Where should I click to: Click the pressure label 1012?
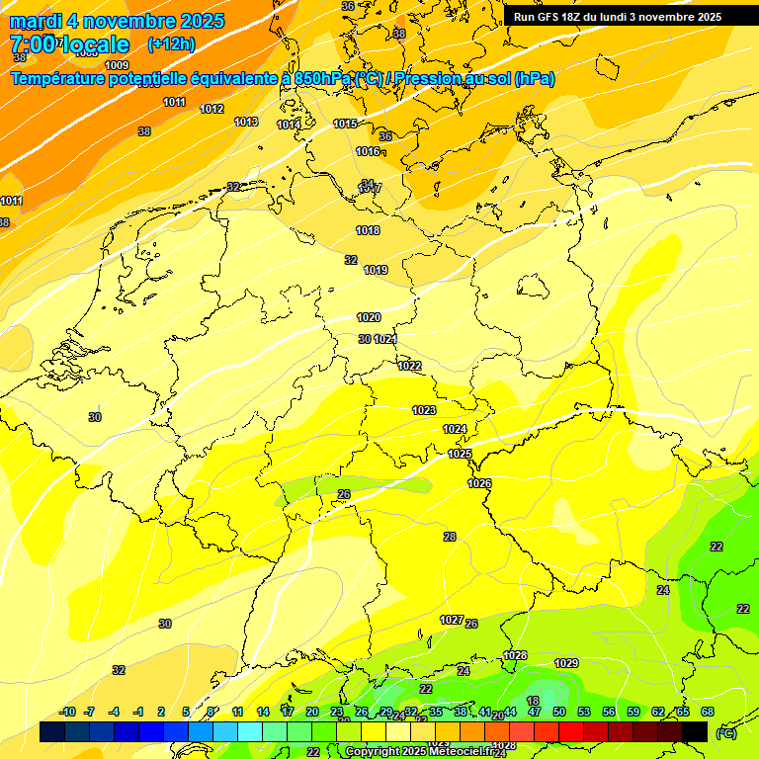[x=211, y=109]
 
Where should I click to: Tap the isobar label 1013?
[x=246, y=122]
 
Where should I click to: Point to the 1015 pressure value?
[x=345, y=124]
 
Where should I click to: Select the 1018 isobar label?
[x=368, y=230]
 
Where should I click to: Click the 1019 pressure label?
[x=376, y=270]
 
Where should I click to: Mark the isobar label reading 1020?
[x=369, y=317]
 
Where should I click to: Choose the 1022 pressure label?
[x=409, y=366]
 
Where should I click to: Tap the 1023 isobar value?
[x=424, y=410]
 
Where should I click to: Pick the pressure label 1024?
[x=455, y=429]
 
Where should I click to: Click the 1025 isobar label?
[x=460, y=454]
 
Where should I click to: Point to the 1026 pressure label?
[x=479, y=483]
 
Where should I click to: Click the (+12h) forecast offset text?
[x=171, y=44]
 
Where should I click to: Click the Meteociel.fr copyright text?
[x=426, y=751]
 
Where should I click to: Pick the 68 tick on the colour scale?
[x=708, y=712]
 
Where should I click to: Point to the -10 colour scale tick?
[x=67, y=712]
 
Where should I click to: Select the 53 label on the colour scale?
[x=584, y=712]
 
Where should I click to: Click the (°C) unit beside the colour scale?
[x=726, y=732]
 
